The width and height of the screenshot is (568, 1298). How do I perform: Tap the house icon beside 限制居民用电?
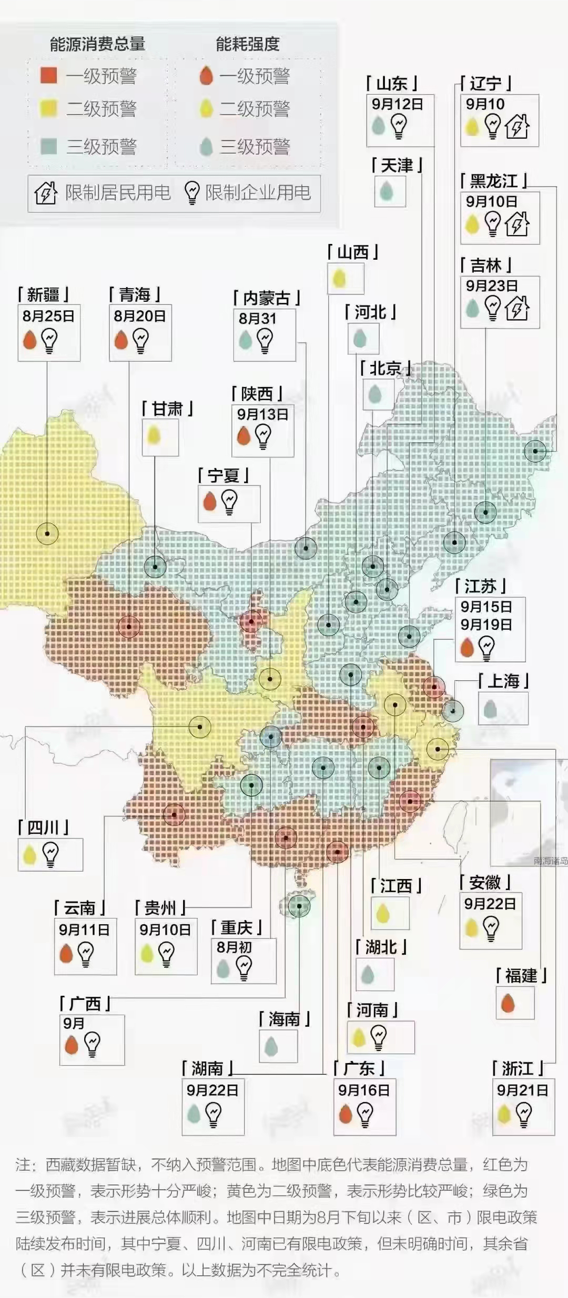pyautogui.click(x=46, y=193)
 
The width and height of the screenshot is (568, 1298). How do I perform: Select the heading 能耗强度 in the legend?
pyautogui.click(x=247, y=44)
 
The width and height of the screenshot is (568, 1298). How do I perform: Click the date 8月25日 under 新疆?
pyautogui.click(x=48, y=316)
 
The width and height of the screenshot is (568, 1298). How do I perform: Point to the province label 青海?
pyautogui.click(x=135, y=295)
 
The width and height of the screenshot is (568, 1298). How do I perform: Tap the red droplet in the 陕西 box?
pyautogui.click(x=244, y=435)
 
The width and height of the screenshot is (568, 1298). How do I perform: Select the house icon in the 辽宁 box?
pyautogui.click(x=517, y=126)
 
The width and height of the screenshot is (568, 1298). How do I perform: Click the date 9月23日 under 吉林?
pyautogui.click(x=492, y=286)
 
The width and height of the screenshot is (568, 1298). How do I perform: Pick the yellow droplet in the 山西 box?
pyautogui.click(x=339, y=278)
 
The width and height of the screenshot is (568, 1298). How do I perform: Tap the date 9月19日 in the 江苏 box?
pyautogui.click(x=486, y=625)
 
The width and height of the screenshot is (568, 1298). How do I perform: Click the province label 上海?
pyautogui.click(x=504, y=681)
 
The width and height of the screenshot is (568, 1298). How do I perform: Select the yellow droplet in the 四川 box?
pyautogui.click(x=30, y=854)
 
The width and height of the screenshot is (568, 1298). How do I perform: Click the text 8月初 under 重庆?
pyautogui.click(x=234, y=947)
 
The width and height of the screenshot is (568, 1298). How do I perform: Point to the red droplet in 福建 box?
pyautogui.click(x=508, y=1003)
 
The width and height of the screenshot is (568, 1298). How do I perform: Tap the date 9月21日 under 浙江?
pyautogui.click(x=522, y=1090)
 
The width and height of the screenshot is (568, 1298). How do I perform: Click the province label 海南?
pyautogui.click(x=284, y=1019)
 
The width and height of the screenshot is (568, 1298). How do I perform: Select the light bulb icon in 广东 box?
pyautogui.click(x=366, y=1113)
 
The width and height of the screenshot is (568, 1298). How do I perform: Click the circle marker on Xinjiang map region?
pyautogui.click(x=47, y=534)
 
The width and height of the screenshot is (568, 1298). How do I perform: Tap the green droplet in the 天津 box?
pyautogui.click(x=387, y=191)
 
